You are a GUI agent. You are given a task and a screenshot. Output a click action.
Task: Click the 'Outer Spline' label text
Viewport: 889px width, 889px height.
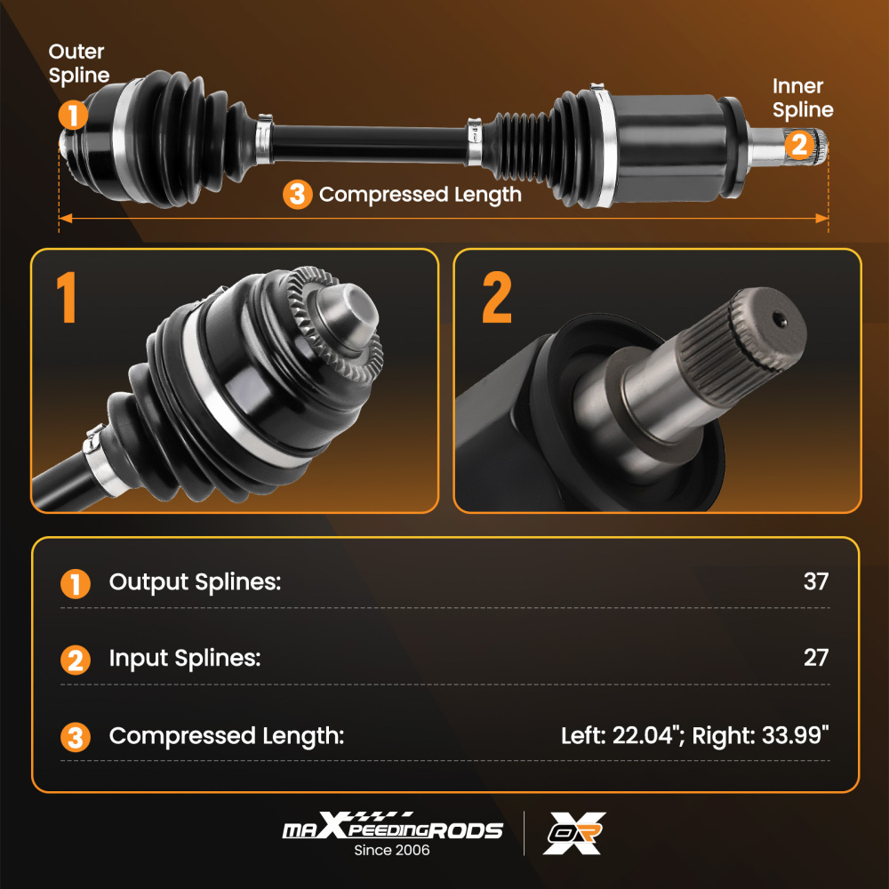(79, 63)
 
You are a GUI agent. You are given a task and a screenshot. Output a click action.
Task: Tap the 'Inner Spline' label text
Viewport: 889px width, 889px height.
(803, 98)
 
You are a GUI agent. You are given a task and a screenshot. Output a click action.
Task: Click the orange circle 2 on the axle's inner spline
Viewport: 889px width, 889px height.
(799, 143)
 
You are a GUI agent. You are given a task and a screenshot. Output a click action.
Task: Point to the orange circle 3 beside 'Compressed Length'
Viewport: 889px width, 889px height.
(298, 195)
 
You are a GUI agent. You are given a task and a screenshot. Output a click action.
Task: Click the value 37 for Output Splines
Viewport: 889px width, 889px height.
(815, 582)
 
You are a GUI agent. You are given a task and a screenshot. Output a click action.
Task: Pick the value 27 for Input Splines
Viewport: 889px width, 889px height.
(815, 658)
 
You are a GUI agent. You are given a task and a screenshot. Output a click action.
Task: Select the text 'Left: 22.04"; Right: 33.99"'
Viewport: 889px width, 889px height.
(694, 736)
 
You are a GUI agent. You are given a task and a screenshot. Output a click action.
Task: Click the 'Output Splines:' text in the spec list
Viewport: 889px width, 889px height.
(195, 582)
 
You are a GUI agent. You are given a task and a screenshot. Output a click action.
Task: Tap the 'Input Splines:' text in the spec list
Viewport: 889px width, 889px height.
(185, 658)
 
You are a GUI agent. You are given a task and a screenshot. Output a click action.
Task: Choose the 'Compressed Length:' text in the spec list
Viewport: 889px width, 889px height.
(226, 736)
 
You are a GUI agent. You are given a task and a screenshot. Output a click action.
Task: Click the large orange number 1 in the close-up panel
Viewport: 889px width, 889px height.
(67, 298)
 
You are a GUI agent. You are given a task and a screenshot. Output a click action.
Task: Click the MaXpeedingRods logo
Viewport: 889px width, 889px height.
(392, 829)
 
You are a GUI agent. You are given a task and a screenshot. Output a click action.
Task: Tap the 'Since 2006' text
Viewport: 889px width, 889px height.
(392, 851)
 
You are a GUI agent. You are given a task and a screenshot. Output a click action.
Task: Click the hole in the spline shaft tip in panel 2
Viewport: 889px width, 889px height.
(780, 319)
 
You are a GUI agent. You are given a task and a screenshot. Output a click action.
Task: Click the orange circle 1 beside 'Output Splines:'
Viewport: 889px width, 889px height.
(76, 584)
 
